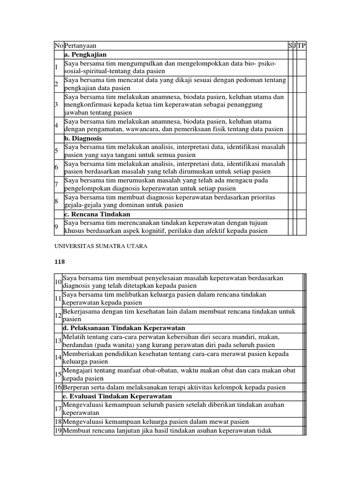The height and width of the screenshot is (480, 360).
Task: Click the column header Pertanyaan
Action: [80, 46]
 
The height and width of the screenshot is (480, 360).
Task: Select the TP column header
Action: [301, 46]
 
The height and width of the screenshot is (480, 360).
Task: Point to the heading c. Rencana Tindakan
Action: [97, 214]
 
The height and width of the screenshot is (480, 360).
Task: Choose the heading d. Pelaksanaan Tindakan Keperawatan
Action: [124, 328]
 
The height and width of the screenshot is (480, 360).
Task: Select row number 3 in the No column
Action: [56, 105]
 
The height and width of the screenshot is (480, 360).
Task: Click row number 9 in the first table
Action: [56, 227]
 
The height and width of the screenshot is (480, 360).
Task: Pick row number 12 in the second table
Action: [58, 315]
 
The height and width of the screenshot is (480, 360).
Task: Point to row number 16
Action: [58, 387]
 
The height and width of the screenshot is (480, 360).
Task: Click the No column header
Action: [59, 46]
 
